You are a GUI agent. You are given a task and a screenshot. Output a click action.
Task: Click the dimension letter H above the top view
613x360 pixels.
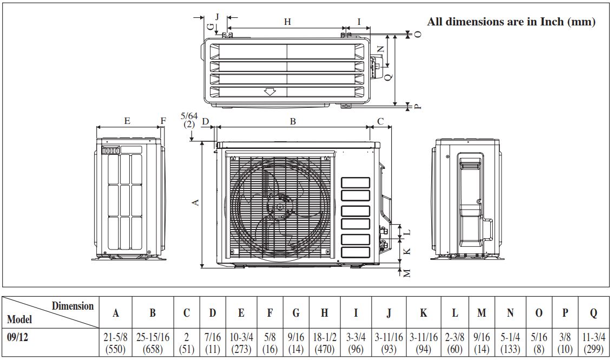(287, 22)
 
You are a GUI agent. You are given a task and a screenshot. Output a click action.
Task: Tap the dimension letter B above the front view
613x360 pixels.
(293, 122)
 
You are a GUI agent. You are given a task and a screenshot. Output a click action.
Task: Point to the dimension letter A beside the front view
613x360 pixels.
(196, 202)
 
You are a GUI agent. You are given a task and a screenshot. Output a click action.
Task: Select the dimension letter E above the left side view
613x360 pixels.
(127, 121)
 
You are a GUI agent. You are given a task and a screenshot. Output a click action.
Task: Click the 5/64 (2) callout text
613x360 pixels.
(189, 120)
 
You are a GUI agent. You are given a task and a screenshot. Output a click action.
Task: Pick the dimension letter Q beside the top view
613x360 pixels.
(388, 77)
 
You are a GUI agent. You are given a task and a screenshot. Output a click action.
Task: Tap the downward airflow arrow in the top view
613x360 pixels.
(269, 92)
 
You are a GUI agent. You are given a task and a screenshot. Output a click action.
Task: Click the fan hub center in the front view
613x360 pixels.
(280, 206)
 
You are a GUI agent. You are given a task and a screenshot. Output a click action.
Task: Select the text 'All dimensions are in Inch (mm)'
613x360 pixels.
(511, 22)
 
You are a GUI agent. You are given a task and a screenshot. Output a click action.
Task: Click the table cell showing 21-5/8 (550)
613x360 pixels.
(116, 343)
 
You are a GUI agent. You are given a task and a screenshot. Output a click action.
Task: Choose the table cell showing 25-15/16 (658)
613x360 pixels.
(153, 343)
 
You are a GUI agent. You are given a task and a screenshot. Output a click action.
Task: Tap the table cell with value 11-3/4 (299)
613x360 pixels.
(594, 343)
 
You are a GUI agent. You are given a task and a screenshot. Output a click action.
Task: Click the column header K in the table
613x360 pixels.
(424, 313)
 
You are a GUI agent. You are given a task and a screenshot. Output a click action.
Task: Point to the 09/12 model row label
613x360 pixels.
(18, 337)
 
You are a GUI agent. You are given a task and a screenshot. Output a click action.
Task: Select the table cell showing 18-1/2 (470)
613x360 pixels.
(325, 343)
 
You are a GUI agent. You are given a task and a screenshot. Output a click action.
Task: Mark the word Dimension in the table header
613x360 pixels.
(72, 306)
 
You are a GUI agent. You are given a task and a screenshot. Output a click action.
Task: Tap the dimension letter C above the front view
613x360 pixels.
(380, 122)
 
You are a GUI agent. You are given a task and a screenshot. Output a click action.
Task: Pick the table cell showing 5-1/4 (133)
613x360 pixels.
(510, 343)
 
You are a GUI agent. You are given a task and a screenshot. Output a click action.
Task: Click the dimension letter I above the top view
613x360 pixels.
(359, 22)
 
